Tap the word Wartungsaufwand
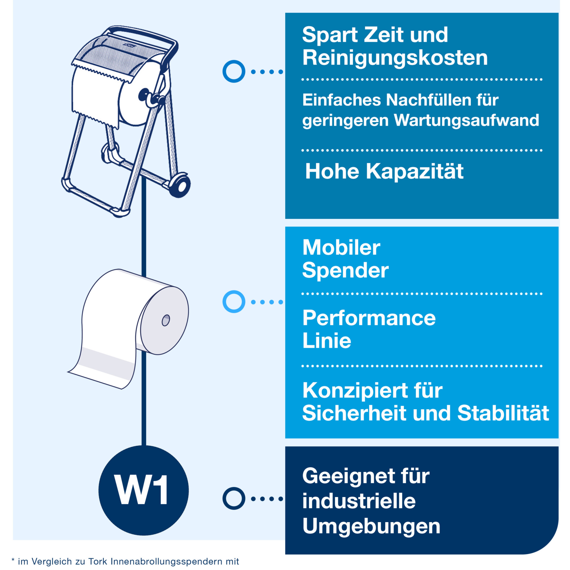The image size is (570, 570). pyautogui.click(x=466, y=120)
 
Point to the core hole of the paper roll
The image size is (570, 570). pyautogui.click(x=166, y=320)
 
